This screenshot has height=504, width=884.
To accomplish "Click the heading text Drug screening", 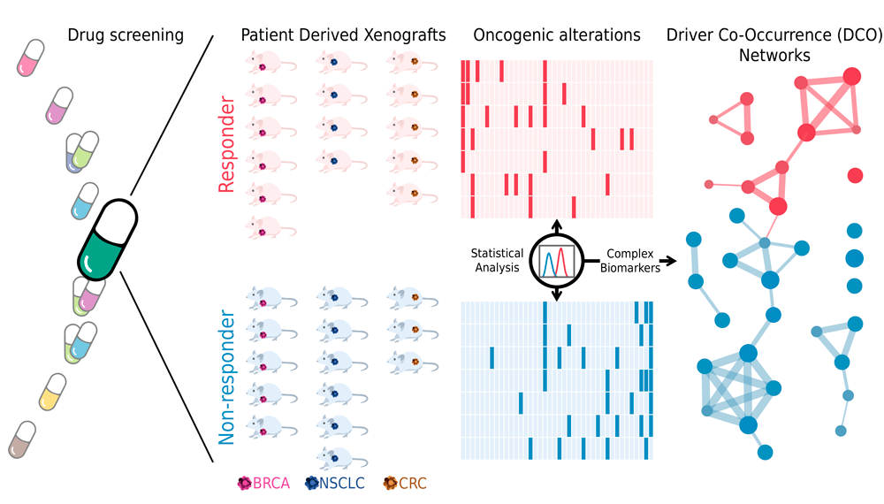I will tap(126, 35).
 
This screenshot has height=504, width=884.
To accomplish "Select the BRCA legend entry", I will tap(264, 484).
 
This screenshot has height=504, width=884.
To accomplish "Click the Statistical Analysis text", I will tap(497, 261).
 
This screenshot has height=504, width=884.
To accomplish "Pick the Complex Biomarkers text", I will tap(633, 261).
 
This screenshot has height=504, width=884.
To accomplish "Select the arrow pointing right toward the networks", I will tap(669, 261).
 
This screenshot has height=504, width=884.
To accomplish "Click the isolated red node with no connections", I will tap(855, 175).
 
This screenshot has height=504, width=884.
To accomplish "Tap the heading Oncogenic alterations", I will tap(557, 35).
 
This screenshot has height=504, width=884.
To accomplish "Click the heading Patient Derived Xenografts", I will tap(343, 35).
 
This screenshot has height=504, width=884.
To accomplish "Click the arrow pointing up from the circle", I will tap(557, 224).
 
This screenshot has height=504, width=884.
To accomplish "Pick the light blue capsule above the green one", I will tap(85, 201).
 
